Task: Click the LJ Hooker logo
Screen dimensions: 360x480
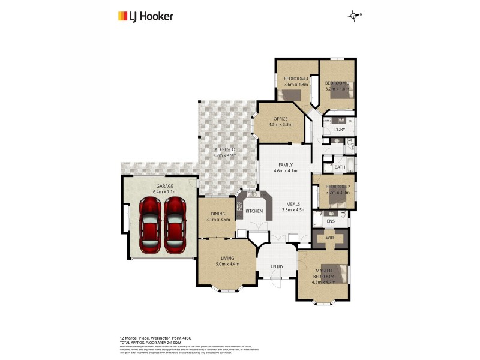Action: pyautogui.click(x=145, y=16)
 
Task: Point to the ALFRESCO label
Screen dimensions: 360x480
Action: pyautogui.click(x=225, y=149)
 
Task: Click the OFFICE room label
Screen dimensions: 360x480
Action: pyautogui.click(x=281, y=119)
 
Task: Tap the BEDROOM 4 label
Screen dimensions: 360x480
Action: pyautogui.click(x=296, y=79)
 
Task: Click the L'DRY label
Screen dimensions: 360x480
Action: pyautogui.click(x=340, y=129)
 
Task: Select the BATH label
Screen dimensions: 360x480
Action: pyautogui.click(x=340, y=167)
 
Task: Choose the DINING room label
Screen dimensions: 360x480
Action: pyautogui.click(x=218, y=214)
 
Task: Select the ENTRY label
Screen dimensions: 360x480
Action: pyautogui.click(x=277, y=266)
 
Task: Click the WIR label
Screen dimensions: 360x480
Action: pyautogui.click(x=329, y=238)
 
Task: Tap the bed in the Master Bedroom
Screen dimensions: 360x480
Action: pyautogui.click(x=335, y=273)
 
